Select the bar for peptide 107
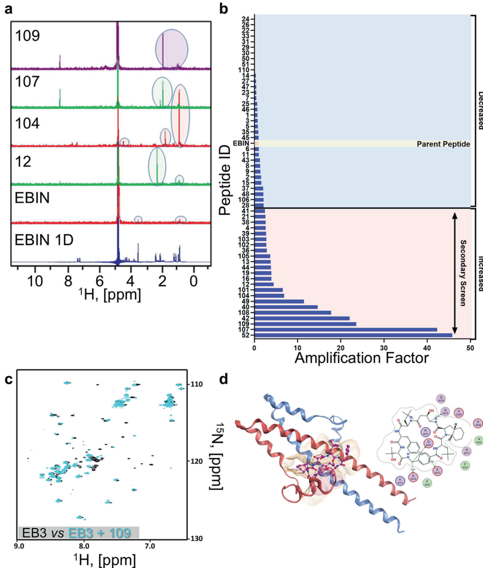tap(346, 329)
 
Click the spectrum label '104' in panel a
tap(29, 121)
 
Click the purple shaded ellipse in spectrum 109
tap(171, 49)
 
